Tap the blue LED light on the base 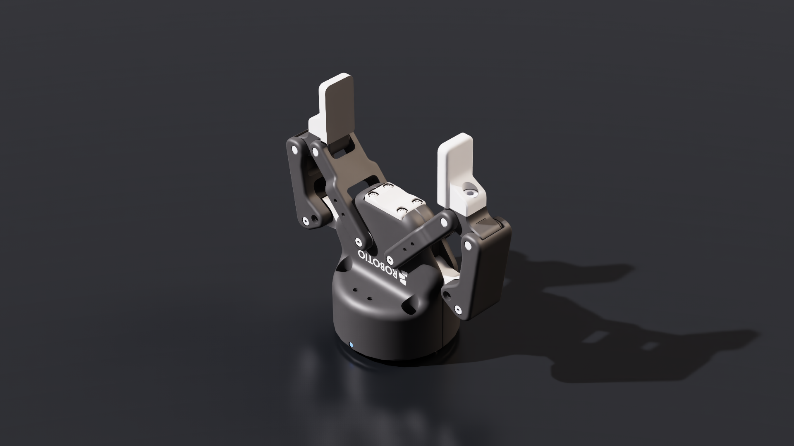pos(351,345)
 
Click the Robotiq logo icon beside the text pos(403,279)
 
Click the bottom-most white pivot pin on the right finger pos(457,309)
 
